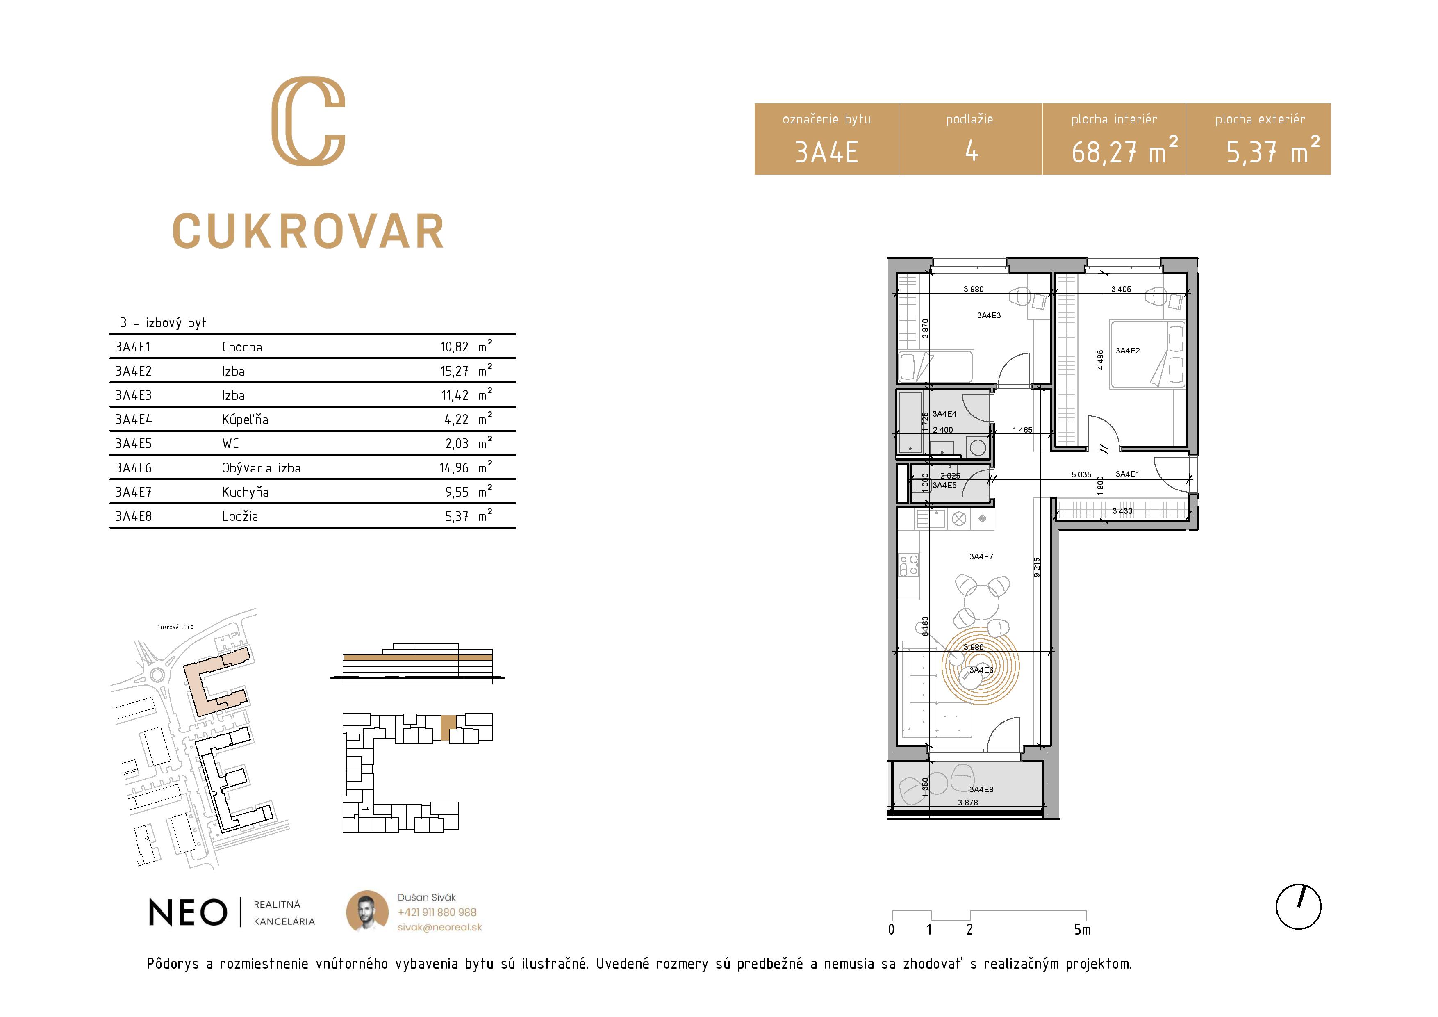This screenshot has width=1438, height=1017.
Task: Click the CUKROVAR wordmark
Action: (308, 231)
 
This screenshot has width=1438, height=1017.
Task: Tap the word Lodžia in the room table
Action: (240, 516)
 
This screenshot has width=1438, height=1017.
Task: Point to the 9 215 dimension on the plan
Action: (1037, 567)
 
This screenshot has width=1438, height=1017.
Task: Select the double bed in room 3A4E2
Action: (1148, 354)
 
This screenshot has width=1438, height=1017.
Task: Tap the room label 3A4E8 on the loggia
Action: (981, 789)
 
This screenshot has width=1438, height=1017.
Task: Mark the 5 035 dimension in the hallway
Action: (1081, 474)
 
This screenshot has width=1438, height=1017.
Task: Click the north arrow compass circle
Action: (1298, 907)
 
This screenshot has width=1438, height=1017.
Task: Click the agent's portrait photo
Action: (367, 912)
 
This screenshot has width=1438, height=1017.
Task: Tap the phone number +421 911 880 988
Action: (437, 912)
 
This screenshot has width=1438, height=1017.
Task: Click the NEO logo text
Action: (188, 912)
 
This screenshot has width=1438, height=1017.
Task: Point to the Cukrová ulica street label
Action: (175, 627)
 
